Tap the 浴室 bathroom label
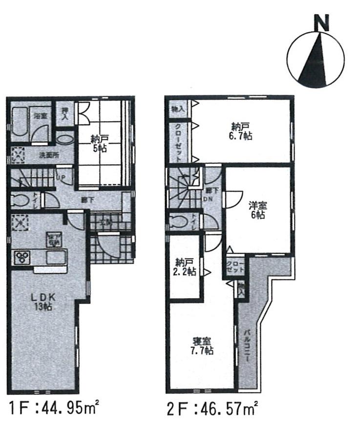[40, 116]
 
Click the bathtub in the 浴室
[20, 122]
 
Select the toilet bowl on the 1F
[19, 201]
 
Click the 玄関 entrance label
[108, 222]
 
